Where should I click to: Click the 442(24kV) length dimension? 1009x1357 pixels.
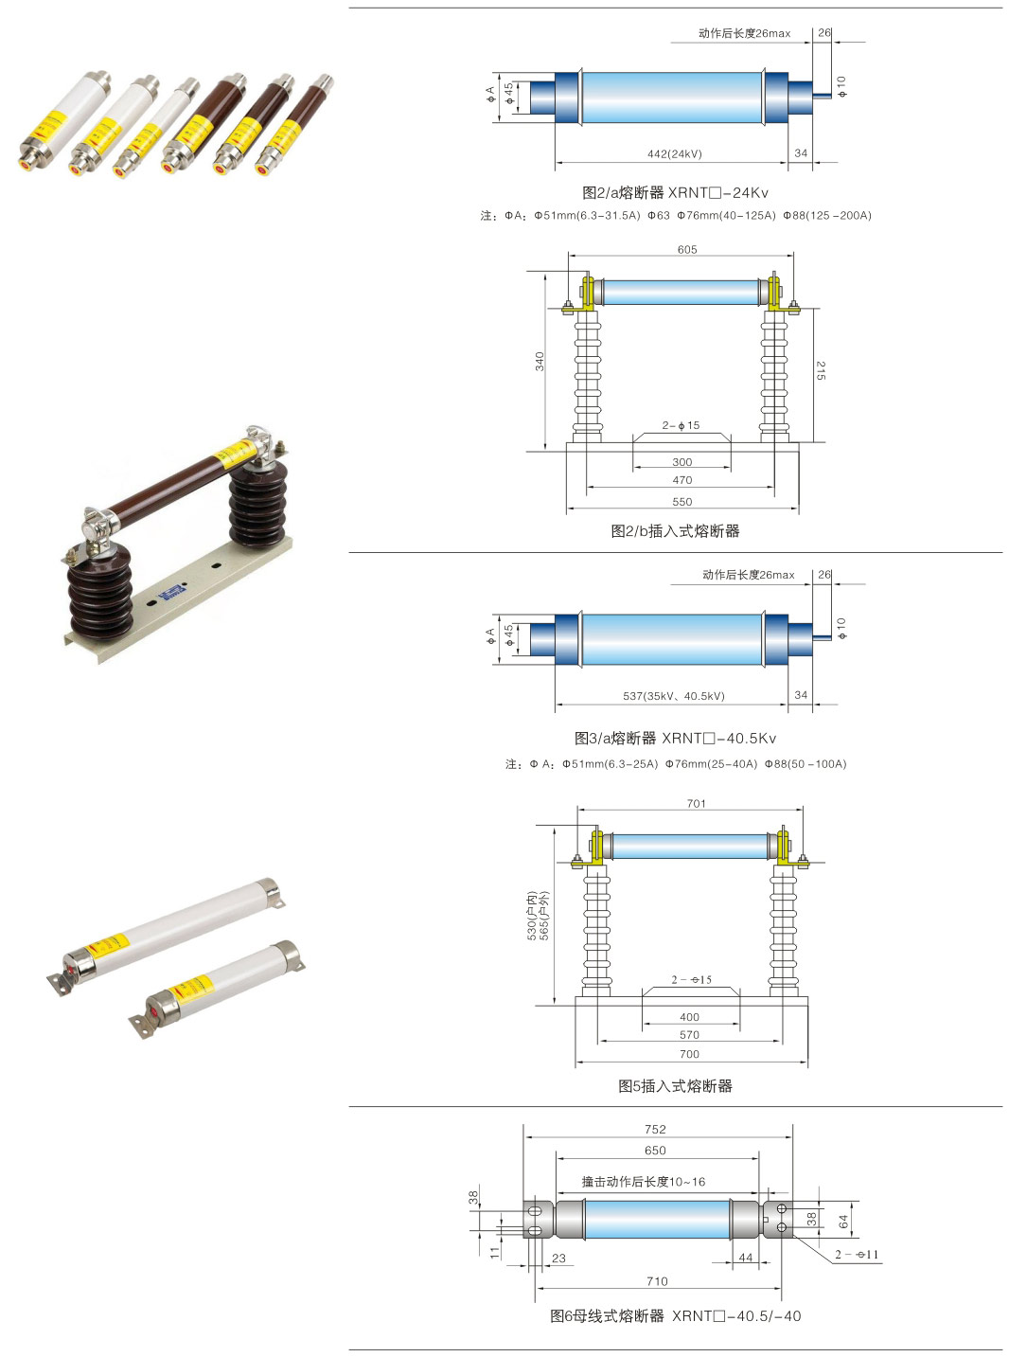pos(675,153)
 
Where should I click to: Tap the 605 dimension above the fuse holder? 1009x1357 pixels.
pos(687,250)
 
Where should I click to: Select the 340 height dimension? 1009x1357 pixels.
pos(540,361)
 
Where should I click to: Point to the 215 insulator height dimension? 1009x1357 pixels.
pos(821,371)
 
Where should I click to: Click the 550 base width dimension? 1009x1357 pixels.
pos(682,502)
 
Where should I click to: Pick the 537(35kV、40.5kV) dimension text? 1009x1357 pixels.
pos(673,696)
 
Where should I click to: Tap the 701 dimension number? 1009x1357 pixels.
pos(696,804)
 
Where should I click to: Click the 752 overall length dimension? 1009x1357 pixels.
pos(655,1130)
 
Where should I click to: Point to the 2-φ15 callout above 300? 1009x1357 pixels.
pos(681,425)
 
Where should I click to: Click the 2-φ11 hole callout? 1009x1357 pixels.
pos(856,1255)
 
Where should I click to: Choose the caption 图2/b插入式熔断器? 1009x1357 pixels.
pos(675,531)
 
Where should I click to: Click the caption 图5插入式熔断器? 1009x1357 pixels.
pos(675,1086)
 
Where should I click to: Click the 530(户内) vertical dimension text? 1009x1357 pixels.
pos(532,916)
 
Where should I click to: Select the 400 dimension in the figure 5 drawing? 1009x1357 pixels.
pos(689,1017)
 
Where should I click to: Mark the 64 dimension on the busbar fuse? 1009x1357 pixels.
pos(842,1222)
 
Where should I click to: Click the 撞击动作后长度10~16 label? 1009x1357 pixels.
pos(644,1182)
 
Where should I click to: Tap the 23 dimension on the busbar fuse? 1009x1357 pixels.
pos(558,1259)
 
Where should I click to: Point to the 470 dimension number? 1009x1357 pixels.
pos(682,480)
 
